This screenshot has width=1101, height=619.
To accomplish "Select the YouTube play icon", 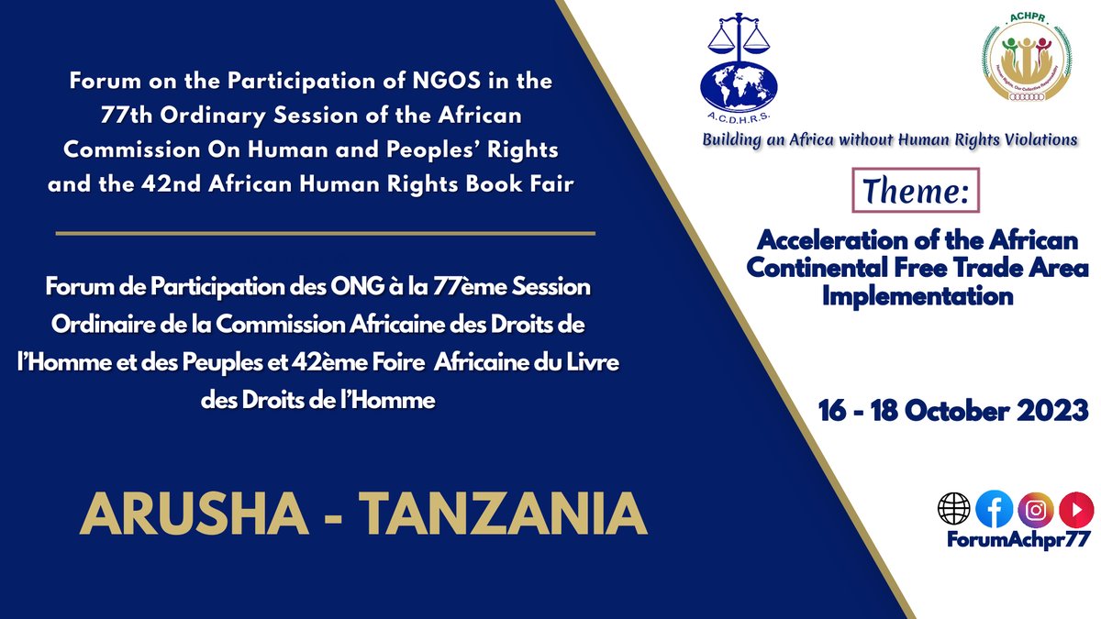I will [x=1071, y=509].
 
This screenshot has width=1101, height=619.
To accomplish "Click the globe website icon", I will [x=953, y=509].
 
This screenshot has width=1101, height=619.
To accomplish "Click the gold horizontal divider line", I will [x=325, y=233].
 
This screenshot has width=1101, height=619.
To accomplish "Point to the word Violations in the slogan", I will [x=1032, y=140].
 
